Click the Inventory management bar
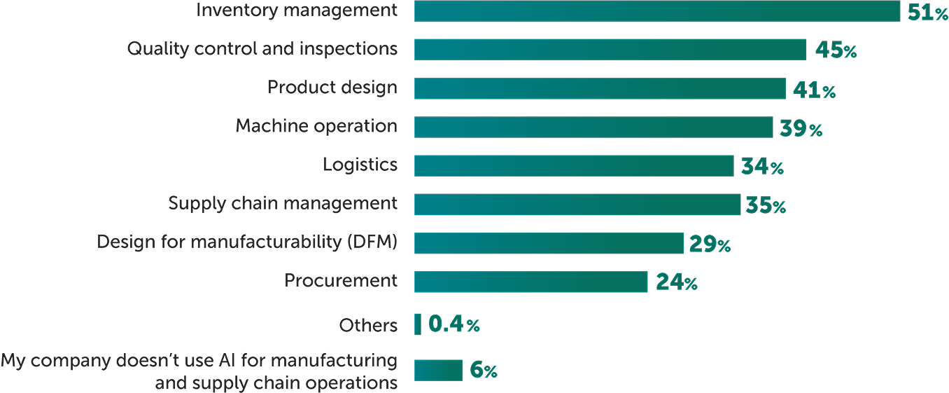coord(656,11)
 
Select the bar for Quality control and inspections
coord(610,50)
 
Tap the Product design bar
coord(600,88)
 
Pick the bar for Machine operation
coord(593,127)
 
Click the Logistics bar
coord(574,165)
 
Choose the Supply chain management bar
coord(577,204)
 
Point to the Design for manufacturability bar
coord(549,242)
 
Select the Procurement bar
coord(530,281)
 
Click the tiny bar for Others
coord(418,324)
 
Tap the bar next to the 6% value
coord(438,370)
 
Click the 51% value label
coord(927,13)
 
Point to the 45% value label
coord(835,51)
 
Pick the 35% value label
coord(766,206)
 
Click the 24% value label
coord(676,282)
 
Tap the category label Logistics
coord(360,165)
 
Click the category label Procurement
coord(341,280)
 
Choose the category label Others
coord(368,325)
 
